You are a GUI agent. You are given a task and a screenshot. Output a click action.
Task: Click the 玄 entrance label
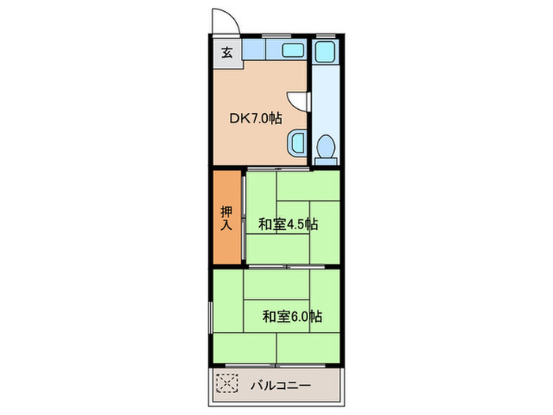pyautogui.click(x=226, y=53)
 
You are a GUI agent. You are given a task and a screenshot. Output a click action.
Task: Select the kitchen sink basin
pyautogui.click(x=290, y=52)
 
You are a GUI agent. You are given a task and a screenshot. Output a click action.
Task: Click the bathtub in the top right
pyautogui.click(x=324, y=52)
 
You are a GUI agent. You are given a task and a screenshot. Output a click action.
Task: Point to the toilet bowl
pyautogui.click(x=325, y=146)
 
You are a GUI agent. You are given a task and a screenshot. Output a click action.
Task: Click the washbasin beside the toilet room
pyautogui.click(x=297, y=143)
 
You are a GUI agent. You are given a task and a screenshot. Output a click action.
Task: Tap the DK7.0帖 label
pyautogui.click(x=256, y=118)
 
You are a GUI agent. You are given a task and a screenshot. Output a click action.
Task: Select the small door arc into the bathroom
pyautogui.click(x=295, y=100)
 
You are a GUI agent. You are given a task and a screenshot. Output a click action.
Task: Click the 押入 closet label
pyautogui.click(x=226, y=217)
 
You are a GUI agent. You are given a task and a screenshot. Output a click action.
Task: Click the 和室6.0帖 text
pyautogui.click(x=292, y=316)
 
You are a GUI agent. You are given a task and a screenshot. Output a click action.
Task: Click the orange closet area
pyautogui.click(x=226, y=237)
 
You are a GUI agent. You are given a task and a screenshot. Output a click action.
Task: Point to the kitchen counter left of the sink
pyautogui.click(x=260, y=52)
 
